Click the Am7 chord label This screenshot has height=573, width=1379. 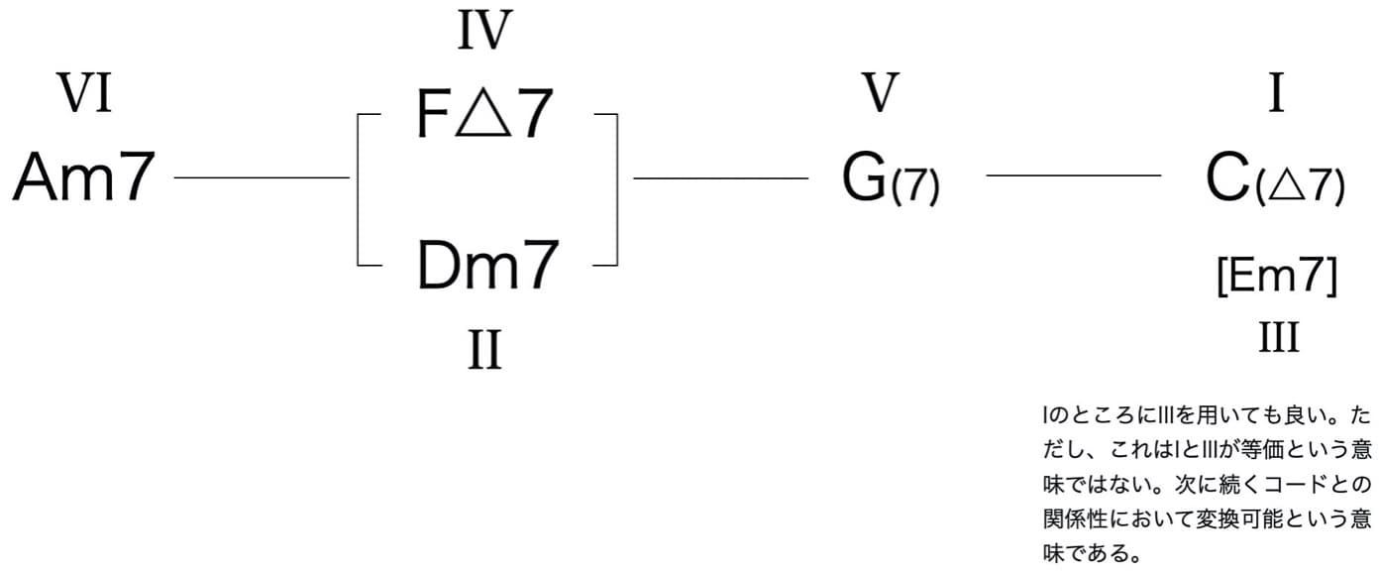pos(85,177)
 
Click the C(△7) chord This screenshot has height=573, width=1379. pos(1275,179)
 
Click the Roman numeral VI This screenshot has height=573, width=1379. pos(84,96)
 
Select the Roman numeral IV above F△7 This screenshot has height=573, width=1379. pos(483,31)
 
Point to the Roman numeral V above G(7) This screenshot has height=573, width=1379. pos(880,95)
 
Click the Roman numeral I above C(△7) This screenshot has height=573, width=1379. pos(1277,96)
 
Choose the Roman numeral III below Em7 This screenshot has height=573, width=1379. pos(1278,338)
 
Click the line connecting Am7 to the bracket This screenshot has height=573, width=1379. pos(262,178)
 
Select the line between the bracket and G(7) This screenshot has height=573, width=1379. pos(720,178)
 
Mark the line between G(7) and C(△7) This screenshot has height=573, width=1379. pos(1073,176)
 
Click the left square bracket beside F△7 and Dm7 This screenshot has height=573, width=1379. pos(359,189)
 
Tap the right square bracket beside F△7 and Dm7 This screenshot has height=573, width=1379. pos(615,189)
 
